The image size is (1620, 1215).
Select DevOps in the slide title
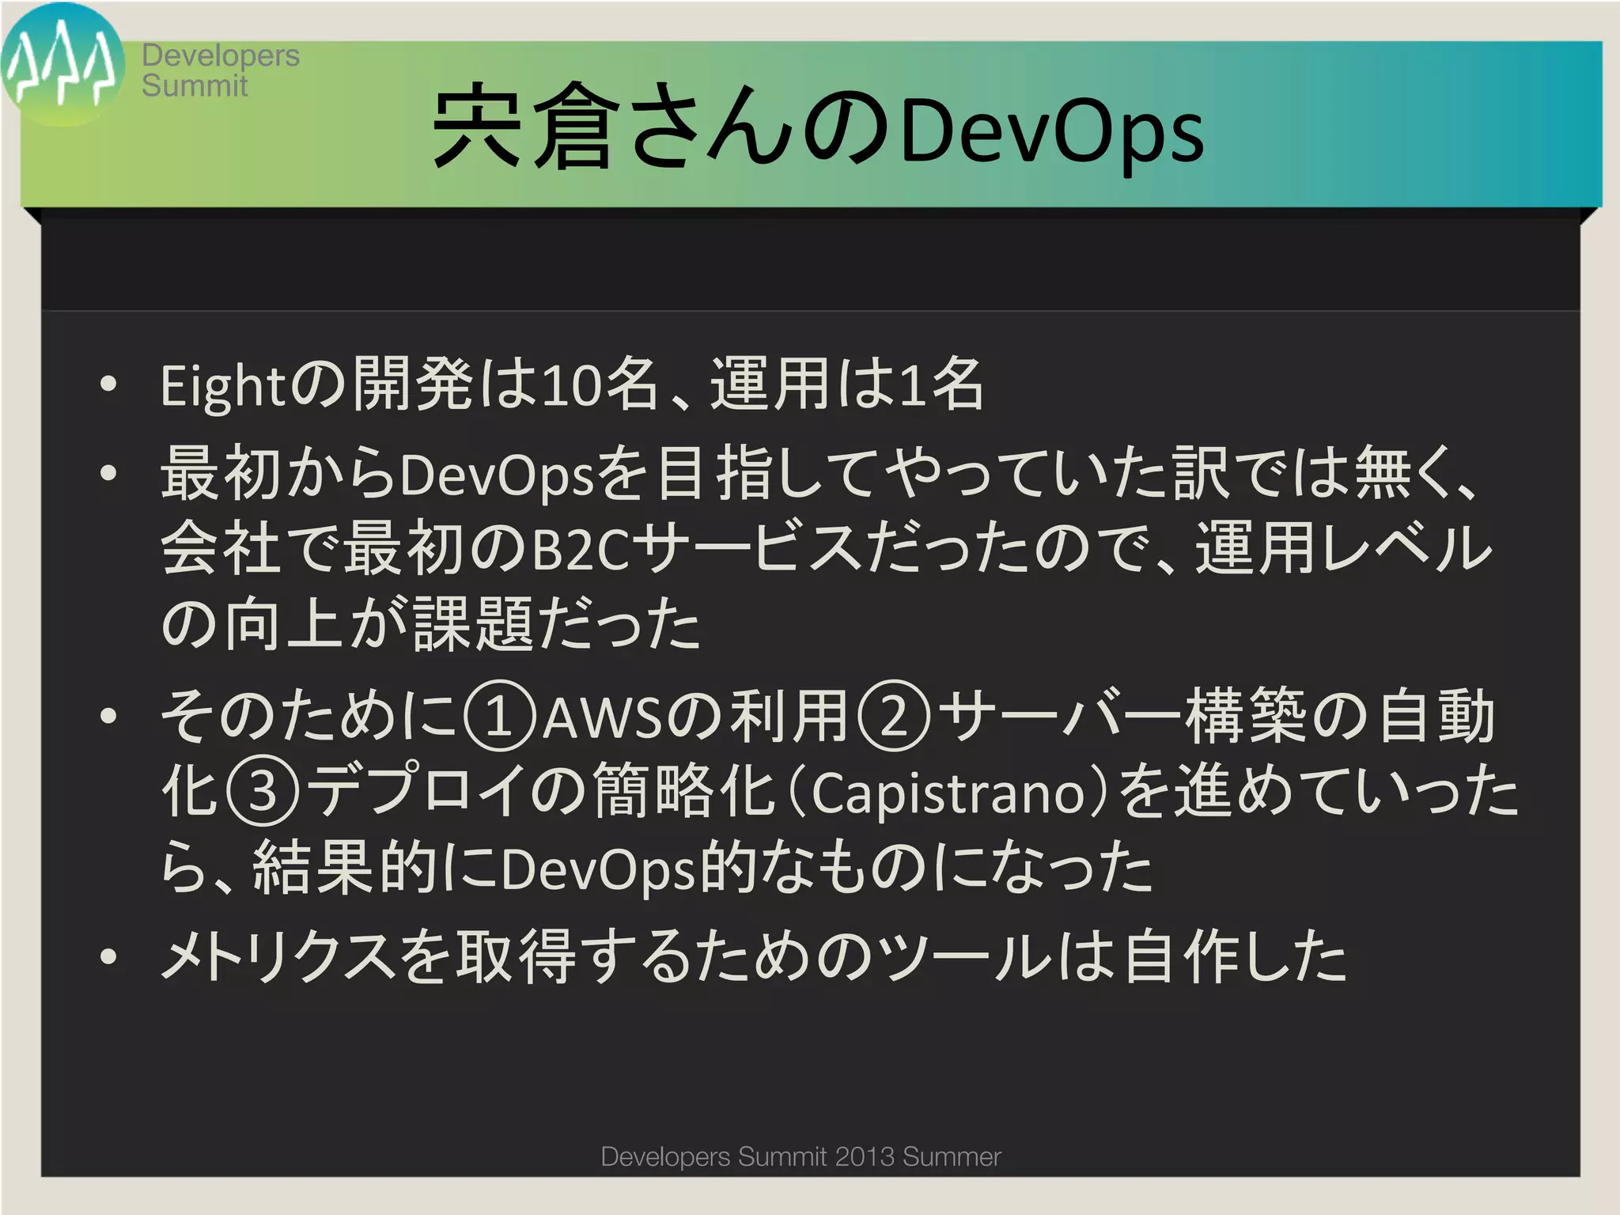pos(1051,131)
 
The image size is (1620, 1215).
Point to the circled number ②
pos(894,718)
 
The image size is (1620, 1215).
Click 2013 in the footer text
pos(865,1156)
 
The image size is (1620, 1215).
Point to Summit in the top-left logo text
pos(195,85)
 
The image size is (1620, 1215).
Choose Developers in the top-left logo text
pos(221,55)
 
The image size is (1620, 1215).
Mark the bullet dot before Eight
pos(108,386)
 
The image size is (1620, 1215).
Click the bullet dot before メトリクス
pos(108,957)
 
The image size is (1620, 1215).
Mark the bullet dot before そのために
pos(108,717)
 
